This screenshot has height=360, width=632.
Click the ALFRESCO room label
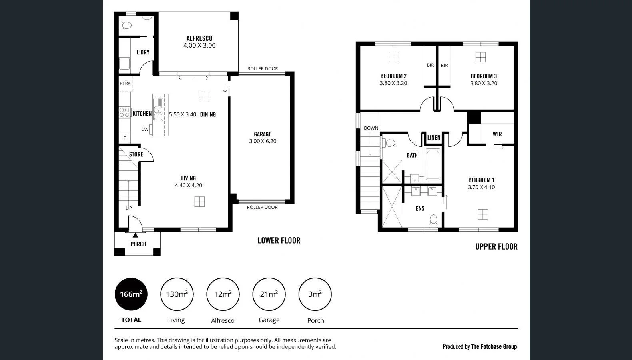pyautogui.click(x=199, y=38)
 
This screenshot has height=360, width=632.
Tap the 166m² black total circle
pyautogui.click(x=131, y=294)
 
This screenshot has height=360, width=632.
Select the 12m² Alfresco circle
pyautogui.click(x=223, y=294)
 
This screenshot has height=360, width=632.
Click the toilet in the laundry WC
pyautogui.click(x=126, y=26)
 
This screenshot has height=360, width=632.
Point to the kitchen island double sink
pyautogui.click(x=158, y=109)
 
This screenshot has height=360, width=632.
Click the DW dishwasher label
pyautogui.click(x=144, y=129)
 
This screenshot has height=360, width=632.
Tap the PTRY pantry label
pyautogui.click(x=125, y=84)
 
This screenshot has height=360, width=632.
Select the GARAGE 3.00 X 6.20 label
pyautogui.click(x=263, y=138)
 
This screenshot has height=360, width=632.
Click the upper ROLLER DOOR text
pyautogui.click(x=263, y=69)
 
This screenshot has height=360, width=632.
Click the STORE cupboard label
pyautogui.click(x=136, y=154)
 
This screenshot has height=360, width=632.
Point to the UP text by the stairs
pyautogui.click(x=128, y=208)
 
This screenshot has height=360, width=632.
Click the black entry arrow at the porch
pyautogui.click(x=135, y=235)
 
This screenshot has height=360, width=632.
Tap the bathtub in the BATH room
pyautogui.click(x=433, y=164)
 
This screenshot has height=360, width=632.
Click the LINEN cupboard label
pyautogui.click(x=434, y=138)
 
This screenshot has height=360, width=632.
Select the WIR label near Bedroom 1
pyautogui.click(x=497, y=134)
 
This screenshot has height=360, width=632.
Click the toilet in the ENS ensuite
pyautogui.click(x=433, y=220)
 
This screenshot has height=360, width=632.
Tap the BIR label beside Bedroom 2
pyautogui.click(x=430, y=65)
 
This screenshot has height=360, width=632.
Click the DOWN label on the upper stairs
pyautogui.click(x=371, y=128)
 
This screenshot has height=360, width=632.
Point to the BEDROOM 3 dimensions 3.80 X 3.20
pyautogui.click(x=484, y=84)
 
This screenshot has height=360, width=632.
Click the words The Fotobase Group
pyautogui.click(x=494, y=347)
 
